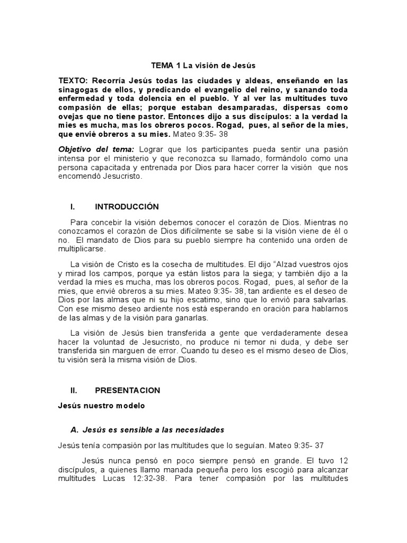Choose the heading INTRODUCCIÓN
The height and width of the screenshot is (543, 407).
[127, 206]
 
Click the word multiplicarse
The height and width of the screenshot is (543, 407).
[83, 248]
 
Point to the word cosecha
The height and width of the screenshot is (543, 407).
[169, 264]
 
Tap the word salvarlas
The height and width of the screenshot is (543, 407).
[325, 300]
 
